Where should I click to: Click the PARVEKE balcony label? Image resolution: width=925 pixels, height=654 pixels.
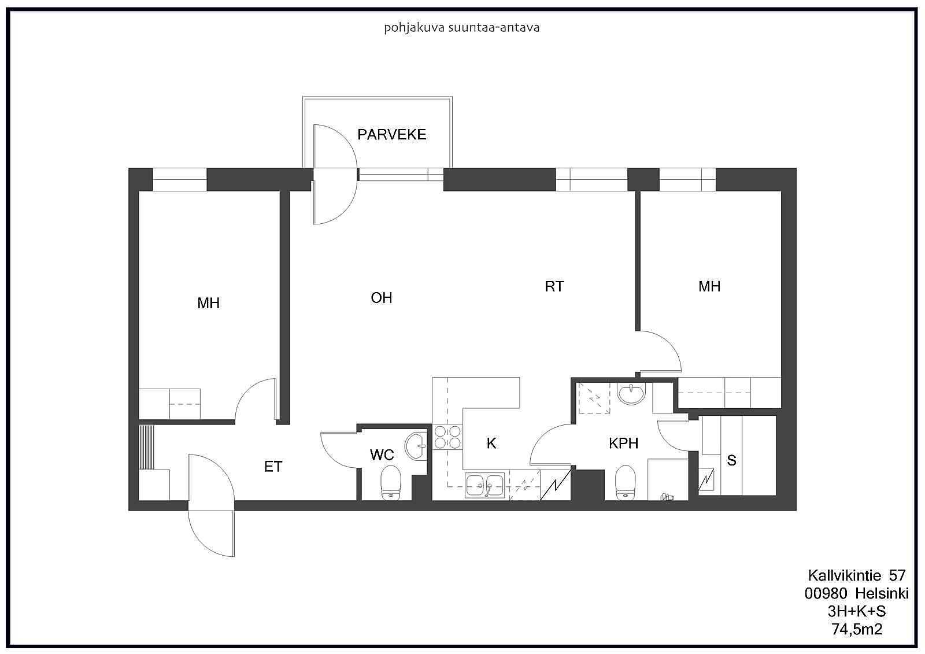coord(391,134)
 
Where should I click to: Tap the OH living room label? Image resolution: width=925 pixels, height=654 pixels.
coord(382,297)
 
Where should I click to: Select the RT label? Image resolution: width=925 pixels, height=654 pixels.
coord(554,286)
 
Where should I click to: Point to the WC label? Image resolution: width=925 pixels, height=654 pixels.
coord(382,455)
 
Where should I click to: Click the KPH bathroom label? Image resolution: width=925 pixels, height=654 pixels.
coord(624,444)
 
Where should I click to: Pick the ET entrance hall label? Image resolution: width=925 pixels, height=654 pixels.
coord(273,467)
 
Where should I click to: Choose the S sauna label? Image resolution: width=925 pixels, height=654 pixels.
coord(731,460)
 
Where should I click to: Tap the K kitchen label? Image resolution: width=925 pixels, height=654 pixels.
coord(491,444)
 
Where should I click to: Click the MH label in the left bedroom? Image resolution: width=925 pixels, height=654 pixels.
coord(209,303)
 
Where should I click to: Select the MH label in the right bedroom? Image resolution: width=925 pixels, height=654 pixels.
coord(709,286)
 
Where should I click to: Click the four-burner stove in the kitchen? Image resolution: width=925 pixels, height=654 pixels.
coord(447,437)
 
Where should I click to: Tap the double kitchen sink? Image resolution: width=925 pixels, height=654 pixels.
coord(485,485)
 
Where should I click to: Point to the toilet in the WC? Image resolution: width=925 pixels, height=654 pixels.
coord(391,482)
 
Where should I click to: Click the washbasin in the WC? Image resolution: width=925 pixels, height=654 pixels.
coord(416,446)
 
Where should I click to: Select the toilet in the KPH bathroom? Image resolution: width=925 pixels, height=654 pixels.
coord(625,482)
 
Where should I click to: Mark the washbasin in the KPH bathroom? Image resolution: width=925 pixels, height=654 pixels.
coord(631,393)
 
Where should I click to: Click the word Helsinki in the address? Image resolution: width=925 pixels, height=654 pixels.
coord(882,593)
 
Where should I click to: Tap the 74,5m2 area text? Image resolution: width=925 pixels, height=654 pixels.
coord(857,629)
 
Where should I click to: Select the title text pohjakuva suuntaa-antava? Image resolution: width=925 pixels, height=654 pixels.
coord(462,28)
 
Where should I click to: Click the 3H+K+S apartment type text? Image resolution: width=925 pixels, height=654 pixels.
coord(857,611)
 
